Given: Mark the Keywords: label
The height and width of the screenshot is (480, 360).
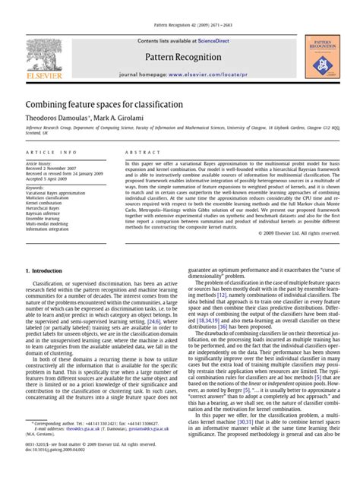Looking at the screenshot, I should [35, 187].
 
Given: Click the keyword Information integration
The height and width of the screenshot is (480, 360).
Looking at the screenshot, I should [48, 229].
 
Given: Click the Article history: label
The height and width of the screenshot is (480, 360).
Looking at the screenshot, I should [39, 163].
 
